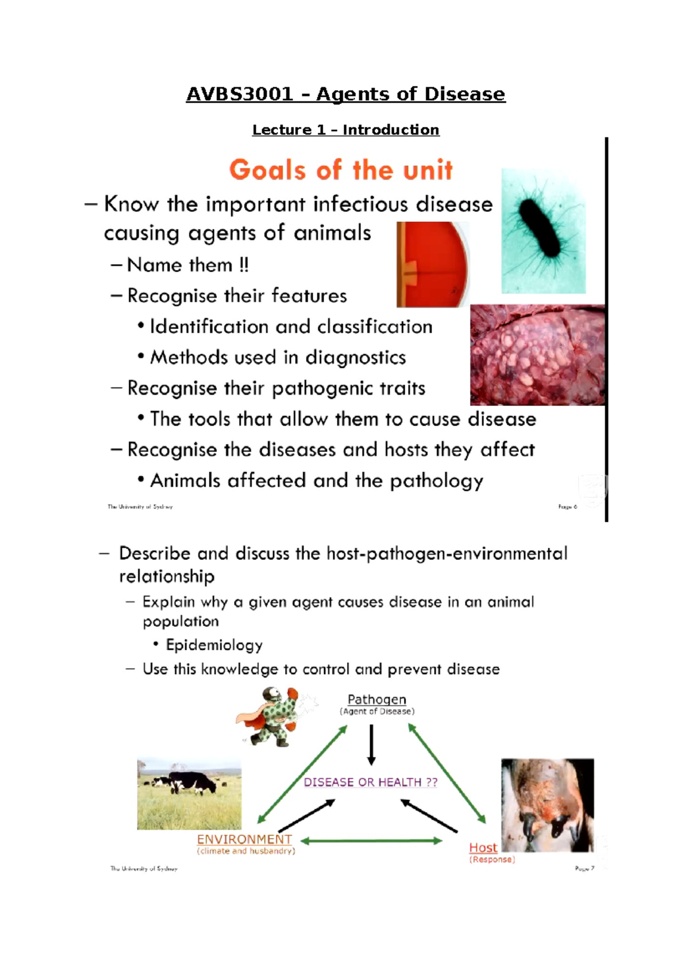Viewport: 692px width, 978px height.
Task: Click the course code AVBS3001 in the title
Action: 239,94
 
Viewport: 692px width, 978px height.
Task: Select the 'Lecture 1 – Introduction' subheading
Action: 345,130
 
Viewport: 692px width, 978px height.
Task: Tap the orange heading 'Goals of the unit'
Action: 341,170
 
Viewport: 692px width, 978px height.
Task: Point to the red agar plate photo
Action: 432,265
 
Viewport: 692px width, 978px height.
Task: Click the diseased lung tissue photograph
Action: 537,355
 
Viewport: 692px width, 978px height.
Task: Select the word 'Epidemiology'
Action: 214,645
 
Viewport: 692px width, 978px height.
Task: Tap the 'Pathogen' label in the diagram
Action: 377,699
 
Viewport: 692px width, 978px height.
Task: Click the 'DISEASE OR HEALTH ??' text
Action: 370,782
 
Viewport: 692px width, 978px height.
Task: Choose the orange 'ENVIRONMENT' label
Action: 245,840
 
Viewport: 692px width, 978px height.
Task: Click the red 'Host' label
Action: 483,848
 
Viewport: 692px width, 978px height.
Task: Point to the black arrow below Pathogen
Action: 371,744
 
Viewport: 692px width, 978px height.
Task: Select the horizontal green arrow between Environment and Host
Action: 371,841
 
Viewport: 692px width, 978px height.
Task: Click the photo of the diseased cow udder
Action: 547,805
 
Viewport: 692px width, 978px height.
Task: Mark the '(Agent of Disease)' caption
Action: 377,712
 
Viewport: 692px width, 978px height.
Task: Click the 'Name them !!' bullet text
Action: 187,265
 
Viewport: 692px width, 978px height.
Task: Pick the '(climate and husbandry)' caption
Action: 246,851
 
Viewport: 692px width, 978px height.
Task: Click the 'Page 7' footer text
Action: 584,868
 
